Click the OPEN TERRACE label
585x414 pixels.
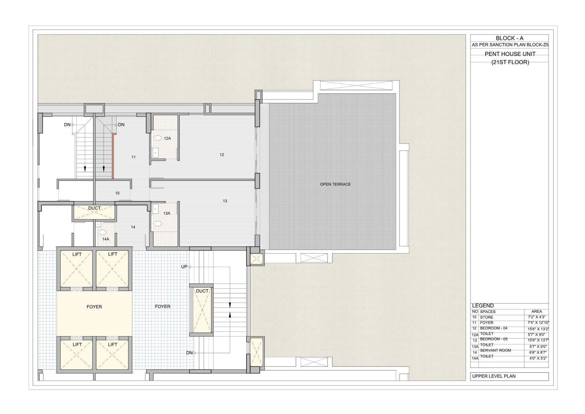[335, 184]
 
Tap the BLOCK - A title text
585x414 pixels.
[510, 38]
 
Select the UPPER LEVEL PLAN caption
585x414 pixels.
[494, 376]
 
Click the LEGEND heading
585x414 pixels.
[483, 306]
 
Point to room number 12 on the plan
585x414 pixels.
[222, 155]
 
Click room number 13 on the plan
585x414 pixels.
[225, 201]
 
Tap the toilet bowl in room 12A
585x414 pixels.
[158, 138]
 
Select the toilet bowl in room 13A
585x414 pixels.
[158, 224]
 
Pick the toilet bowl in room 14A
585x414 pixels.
[102, 232]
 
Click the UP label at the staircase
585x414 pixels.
[184, 267]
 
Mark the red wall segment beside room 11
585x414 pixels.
[113, 156]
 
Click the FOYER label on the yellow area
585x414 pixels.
[94, 307]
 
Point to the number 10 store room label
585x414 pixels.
[117, 193]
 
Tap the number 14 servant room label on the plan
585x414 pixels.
[133, 227]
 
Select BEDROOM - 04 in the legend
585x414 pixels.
[494, 328]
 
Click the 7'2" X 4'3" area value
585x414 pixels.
[536, 317]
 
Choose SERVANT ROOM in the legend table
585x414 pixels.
[495, 350]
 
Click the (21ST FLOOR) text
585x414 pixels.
[510, 62]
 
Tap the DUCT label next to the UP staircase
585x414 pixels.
[202, 291]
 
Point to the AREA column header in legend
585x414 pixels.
[536, 312]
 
